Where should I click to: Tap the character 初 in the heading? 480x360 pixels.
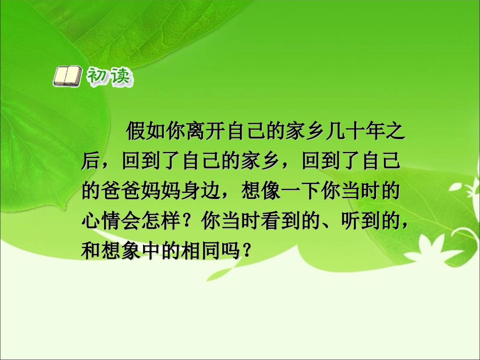point(98,77)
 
